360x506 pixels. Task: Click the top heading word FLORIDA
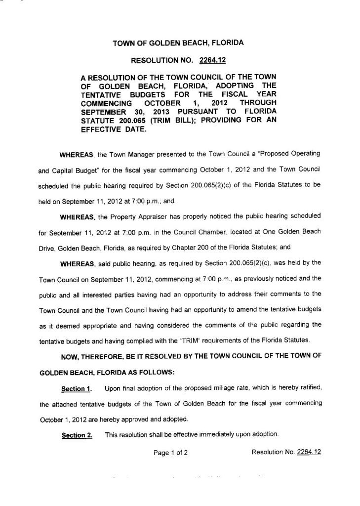[225, 43]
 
